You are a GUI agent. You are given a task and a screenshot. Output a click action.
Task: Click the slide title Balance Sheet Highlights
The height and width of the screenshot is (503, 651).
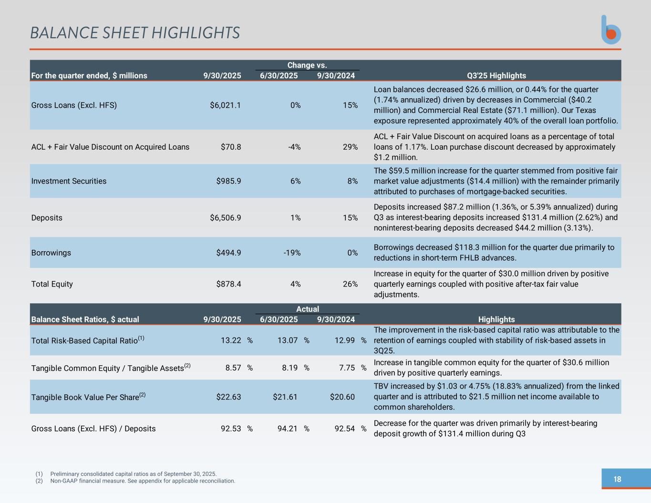click(x=135, y=33)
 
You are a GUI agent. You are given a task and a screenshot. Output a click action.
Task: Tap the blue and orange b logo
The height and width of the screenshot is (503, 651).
click(x=611, y=30)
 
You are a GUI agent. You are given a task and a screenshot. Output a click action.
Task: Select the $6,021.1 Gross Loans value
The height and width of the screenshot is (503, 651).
click(x=225, y=105)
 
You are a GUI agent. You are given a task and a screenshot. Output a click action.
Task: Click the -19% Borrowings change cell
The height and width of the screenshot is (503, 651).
click(x=292, y=253)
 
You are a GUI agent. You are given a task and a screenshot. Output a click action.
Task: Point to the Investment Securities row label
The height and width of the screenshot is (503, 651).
click(x=69, y=181)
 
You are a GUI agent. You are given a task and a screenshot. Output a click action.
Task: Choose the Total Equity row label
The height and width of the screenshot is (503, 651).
click(x=52, y=284)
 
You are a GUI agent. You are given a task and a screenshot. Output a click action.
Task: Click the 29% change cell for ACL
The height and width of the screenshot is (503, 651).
click(x=350, y=147)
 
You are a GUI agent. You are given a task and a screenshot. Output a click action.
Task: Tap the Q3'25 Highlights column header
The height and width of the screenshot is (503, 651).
click(x=496, y=75)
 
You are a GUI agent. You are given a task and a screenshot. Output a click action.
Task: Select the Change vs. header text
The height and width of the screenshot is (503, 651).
click(x=307, y=65)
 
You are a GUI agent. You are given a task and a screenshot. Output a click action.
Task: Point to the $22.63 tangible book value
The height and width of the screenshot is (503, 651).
click(x=228, y=397)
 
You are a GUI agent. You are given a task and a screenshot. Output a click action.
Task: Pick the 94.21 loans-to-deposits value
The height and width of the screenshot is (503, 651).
click(x=287, y=429)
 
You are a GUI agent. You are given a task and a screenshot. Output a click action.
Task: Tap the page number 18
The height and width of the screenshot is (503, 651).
click(x=617, y=479)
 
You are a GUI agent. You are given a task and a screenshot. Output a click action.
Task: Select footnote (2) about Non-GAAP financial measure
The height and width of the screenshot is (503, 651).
click(x=142, y=481)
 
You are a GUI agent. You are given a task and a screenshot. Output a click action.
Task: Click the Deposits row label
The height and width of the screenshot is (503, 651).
click(x=47, y=218)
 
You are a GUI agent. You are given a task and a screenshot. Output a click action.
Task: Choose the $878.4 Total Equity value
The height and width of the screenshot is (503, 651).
click(x=228, y=284)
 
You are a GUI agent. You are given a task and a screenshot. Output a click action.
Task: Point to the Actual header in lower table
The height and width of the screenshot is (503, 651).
click(x=307, y=309)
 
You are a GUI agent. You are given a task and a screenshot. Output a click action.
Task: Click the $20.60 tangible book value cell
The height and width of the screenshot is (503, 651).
click(x=342, y=397)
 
